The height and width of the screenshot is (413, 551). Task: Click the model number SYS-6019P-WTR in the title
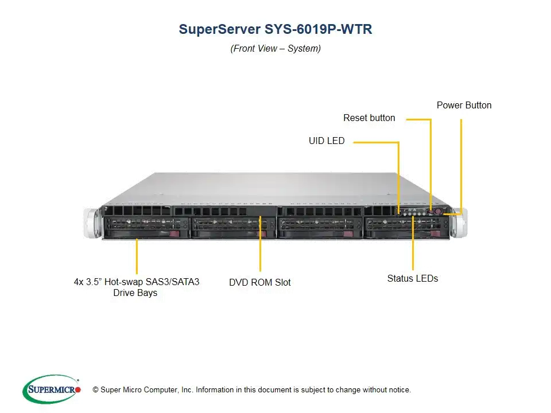click(x=318, y=29)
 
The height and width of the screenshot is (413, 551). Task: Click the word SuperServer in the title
click(x=220, y=29)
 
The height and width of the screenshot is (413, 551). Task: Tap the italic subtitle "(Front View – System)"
click(x=275, y=48)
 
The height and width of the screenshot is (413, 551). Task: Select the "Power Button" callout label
click(x=464, y=106)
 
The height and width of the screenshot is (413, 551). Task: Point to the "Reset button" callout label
click(x=369, y=118)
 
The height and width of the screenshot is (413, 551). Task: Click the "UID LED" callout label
click(x=327, y=141)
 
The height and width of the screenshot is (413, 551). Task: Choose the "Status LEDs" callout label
click(x=413, y=279)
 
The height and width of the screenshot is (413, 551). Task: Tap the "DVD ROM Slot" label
click(x=259, y=282)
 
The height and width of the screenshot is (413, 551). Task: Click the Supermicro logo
click(x=52, y=389)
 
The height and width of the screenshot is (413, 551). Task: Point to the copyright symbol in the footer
click(x=96, y=390)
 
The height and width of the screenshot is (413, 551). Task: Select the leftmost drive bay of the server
click(x=146, y=228)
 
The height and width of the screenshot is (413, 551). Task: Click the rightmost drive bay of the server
click(x=406, y=228)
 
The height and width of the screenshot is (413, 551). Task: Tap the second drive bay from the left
click(x=234, y=228)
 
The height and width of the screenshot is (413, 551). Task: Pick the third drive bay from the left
click(x=320, y=228)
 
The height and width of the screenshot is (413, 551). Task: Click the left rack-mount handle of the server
click(x=91, y=223)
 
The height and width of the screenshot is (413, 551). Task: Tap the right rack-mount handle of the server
click(x=459, y=223)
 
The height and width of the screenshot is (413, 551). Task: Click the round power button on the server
click(x=438, y=212)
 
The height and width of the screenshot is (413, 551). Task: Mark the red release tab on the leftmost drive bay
click(x=174, y=234)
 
